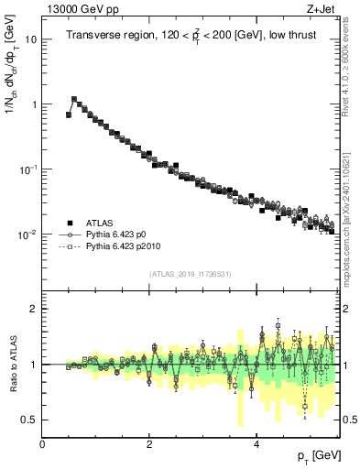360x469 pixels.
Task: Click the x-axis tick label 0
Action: tap(42, 444)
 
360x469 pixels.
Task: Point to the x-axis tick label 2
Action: tap(149, 444)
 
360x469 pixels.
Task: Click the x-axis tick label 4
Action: tap(256, 444)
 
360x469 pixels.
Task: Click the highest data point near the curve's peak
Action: tap(74, 99)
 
